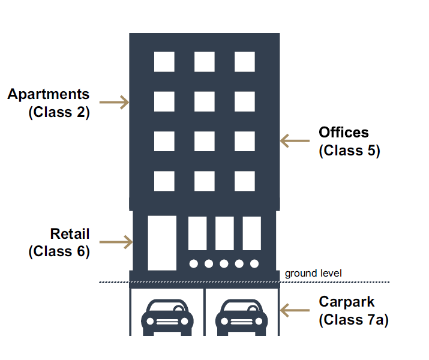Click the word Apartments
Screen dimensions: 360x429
coord(49,94)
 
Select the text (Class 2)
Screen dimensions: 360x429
coord(59,112)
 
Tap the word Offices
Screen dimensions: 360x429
coord(344,132)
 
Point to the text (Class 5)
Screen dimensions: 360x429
coord(349,150)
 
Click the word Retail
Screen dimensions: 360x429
coord(70,233)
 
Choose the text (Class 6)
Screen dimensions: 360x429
coord(59,251)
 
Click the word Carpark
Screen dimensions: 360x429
coord(347,301)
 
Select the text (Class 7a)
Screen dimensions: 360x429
coord(353,320)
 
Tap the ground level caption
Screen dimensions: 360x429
coord(313,274)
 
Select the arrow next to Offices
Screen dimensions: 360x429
coord(295,141)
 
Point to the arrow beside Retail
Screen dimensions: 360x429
coord(116,242)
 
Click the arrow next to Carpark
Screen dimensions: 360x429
coord(295,310)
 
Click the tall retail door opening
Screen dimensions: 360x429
coord(162,242)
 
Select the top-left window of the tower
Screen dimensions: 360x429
coord(164,62)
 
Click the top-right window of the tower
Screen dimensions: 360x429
coord(244,62)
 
